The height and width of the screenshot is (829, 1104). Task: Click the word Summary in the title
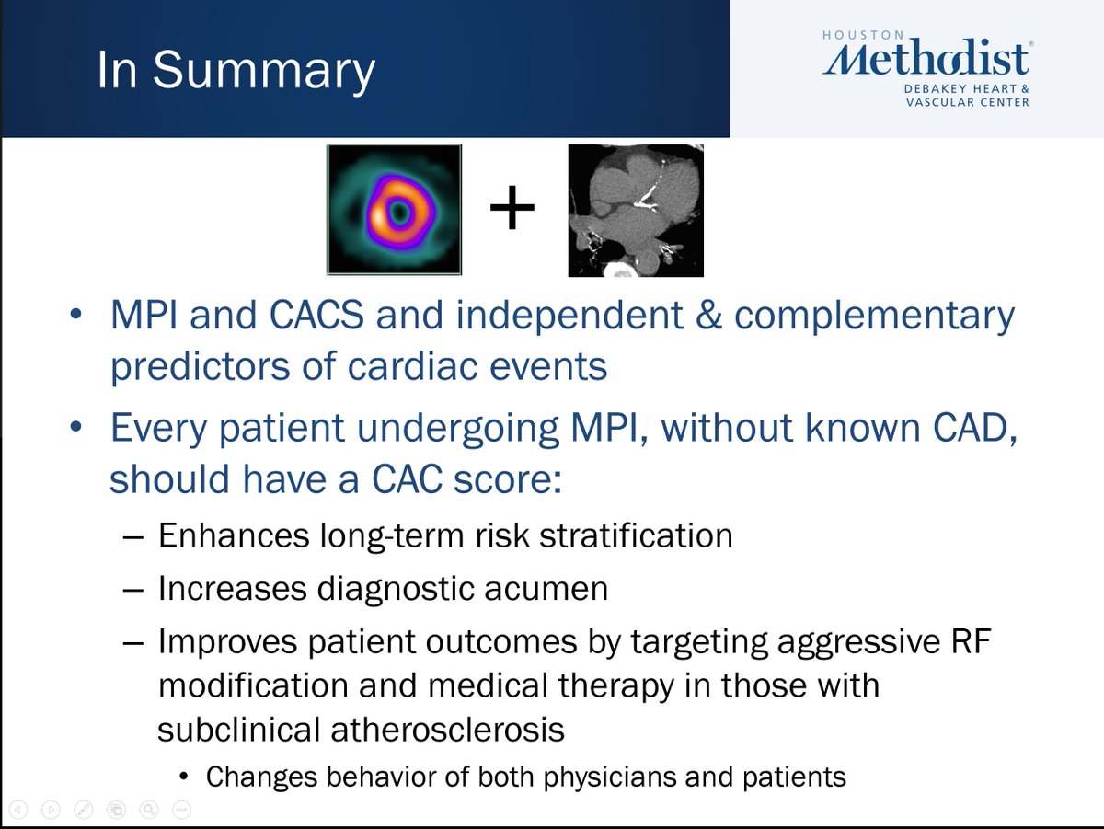pyautogui.click(x=264, y=71)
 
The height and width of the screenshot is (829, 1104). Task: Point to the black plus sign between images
pyautogui.click(x=512, y=207)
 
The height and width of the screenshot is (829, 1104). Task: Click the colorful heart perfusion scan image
pyautogui.click(x=394, y=209)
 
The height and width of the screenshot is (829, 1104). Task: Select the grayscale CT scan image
pyautogui.click(x=636, y=211)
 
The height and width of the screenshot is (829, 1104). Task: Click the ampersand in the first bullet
pyautogui.click(x=708, y=315)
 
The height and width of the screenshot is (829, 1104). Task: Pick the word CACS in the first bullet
pyautogui.click(x=316, y=315)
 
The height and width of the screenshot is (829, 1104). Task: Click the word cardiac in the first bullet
pyautogui.click(x=412, y=365)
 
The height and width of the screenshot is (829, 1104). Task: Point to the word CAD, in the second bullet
pyautogui.click(x=974, y=429)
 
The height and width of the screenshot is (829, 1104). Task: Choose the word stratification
pyautogui.click(x=636, y=535)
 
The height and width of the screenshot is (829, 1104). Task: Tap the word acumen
pyautogui.click(x=546, y=588)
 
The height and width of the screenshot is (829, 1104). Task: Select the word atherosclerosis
pyautogui.click(x=448, y=730)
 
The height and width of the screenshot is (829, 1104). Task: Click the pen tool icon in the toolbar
pyautogui.click(x=83, y=810)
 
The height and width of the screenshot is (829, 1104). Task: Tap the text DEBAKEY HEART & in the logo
pyautogui.click(x=967, y=89)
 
